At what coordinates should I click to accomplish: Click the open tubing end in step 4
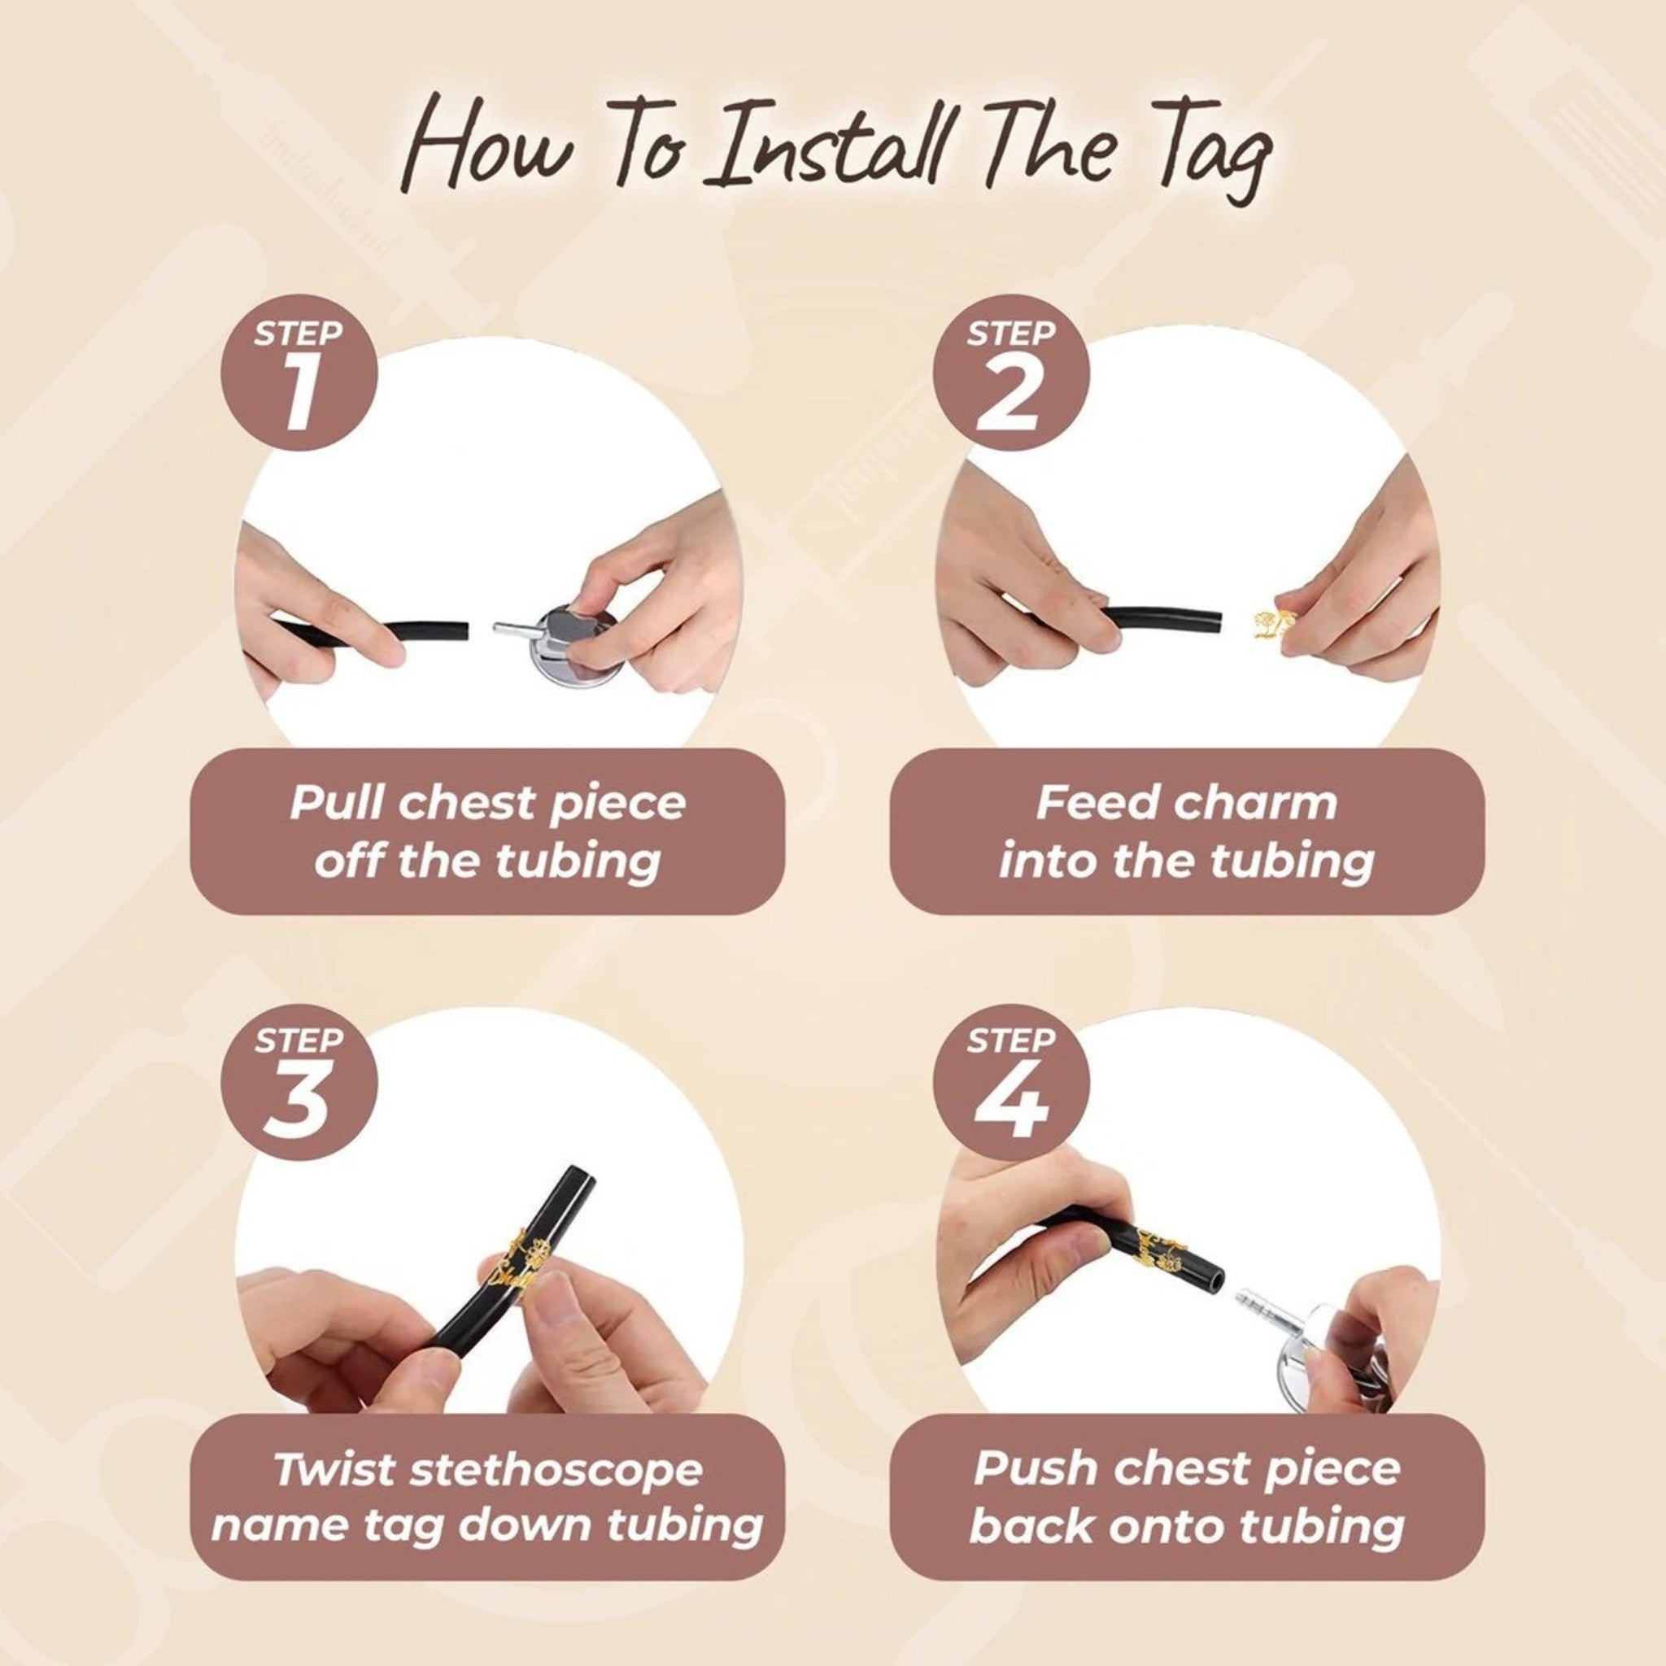pyautogui.click(x=1211, y=1280)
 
